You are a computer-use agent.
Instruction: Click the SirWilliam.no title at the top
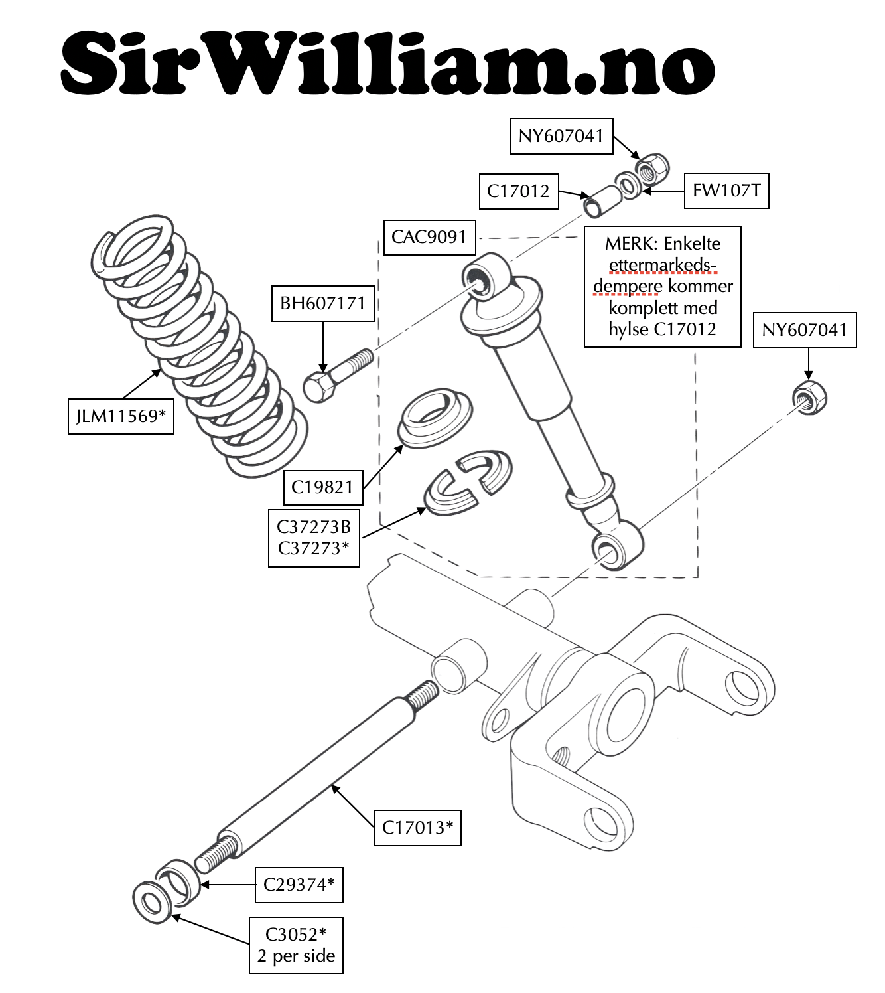[388, 64]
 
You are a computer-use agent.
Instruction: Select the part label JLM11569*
[121, 416]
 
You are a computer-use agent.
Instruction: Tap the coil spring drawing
[199, 345]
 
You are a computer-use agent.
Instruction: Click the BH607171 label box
[323, 303]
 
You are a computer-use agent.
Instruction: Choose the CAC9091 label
[429, 237]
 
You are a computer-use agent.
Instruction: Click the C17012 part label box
[518, 191]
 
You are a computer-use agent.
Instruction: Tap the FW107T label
[726, 191]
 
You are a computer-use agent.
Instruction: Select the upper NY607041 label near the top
[561, 136]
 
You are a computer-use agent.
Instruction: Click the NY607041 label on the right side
[805, 330]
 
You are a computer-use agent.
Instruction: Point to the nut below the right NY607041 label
[809, 398]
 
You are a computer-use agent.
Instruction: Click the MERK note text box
[662, 286]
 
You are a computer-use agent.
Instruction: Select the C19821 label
[322, 487]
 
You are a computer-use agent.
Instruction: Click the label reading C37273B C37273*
[314, 538]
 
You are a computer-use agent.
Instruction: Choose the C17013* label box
[417, 828]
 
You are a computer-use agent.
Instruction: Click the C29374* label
[299, 885]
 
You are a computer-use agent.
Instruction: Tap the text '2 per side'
[296, 956]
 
